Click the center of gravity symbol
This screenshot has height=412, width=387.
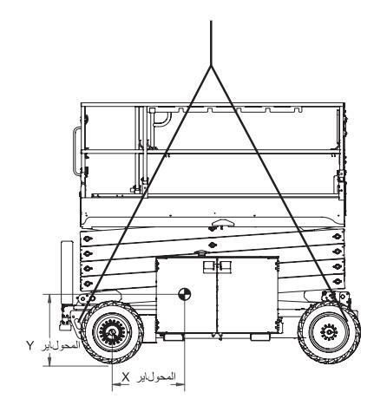pos(184,294)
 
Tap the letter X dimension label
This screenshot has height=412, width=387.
pos(125,377)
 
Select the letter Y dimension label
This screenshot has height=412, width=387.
pos(30,345)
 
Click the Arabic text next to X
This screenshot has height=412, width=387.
pos(156,377)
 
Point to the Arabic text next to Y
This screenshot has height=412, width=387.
pos(61,346)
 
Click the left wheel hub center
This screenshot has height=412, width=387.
pos(112,332)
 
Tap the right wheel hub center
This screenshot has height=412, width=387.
pos(329,332)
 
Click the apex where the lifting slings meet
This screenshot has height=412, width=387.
pos(211,66)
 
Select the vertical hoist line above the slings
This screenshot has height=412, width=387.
pos(211,43)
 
